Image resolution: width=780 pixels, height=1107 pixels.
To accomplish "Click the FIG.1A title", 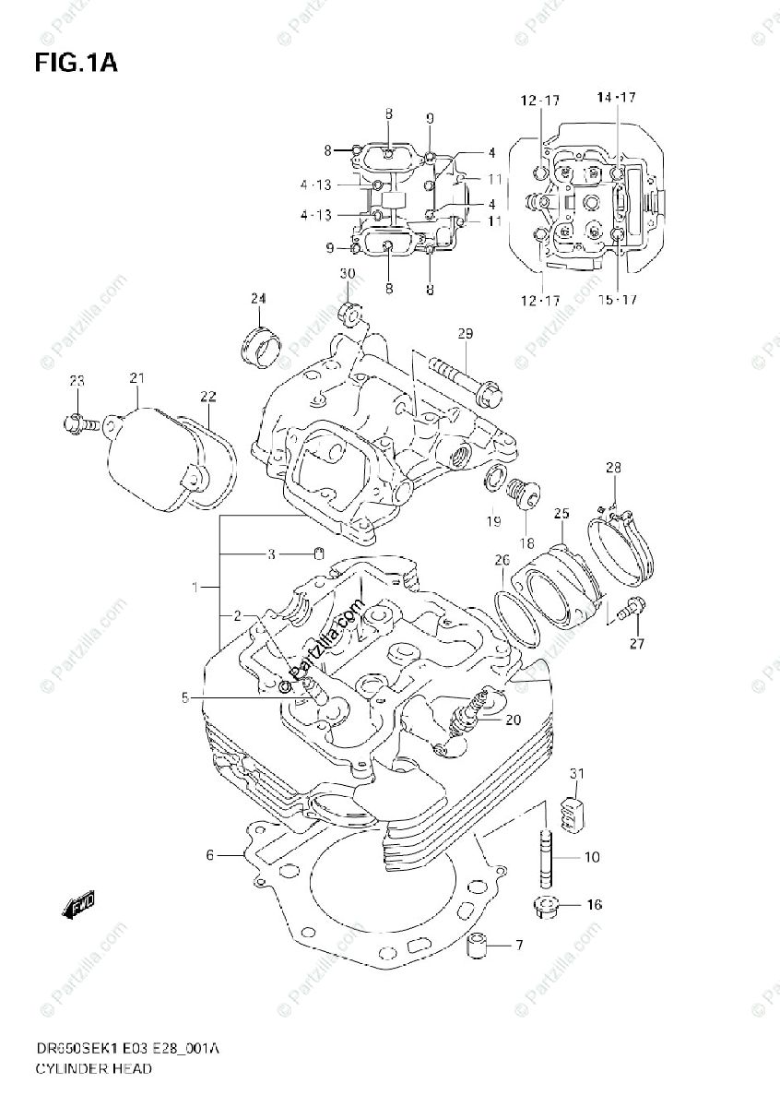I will pyautogui.click(x=76, y=64).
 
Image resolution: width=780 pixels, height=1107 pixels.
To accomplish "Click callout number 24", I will pyautogui.click(x=258, y=298).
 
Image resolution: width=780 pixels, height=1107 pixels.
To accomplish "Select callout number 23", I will pyautogui.click(x=77, y=381).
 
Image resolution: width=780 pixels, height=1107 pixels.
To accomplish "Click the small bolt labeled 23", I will pyautogui.click(x=80, y=423).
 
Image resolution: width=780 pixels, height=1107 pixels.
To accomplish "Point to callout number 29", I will pyautogui.click(x=464, y=333).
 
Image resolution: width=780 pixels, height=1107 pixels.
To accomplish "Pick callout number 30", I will pyautogui.click(x=347, y=274).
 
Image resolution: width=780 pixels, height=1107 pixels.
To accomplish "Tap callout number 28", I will pyautogui.click(x=613, y=468).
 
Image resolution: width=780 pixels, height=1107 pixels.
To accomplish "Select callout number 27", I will pyautogui.click(x=637, y=643).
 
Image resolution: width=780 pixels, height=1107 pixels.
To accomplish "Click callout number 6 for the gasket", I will pyautogui.click(x=209, y=855).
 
